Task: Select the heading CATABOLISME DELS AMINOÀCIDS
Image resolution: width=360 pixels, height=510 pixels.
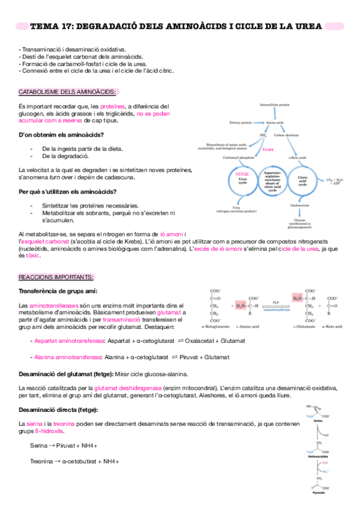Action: (x=68, y=91)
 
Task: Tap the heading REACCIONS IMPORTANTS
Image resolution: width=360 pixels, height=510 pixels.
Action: (x=56, y=277)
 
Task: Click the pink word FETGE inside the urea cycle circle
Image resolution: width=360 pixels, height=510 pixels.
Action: (x=242, y=174)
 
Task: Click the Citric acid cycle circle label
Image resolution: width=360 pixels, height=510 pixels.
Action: (x=302, y=180)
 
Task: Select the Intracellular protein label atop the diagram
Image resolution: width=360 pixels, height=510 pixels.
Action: (x=274, y=105)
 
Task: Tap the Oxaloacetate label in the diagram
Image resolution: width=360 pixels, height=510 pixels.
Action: (x=299, y=206)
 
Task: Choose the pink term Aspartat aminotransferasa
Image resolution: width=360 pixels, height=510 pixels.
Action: (x=67, y=341)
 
